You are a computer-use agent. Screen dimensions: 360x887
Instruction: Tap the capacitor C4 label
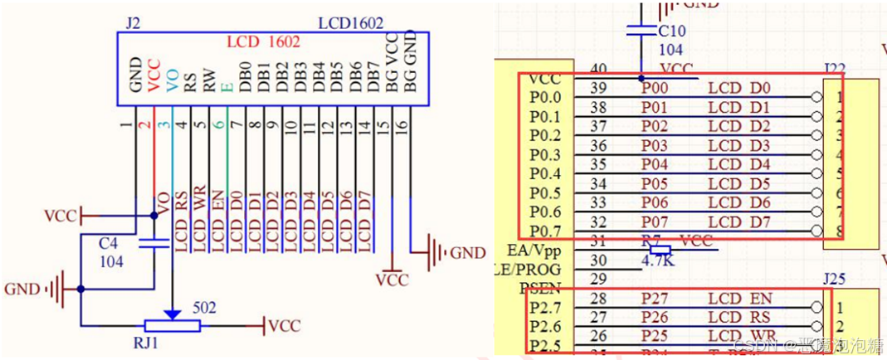[x=109, y=245]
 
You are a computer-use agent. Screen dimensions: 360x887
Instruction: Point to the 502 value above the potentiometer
[x=204, y=308]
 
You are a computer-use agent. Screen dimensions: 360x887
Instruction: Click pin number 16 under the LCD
[x=402, y=127]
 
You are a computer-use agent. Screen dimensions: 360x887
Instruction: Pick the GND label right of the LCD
[x=467, y=253]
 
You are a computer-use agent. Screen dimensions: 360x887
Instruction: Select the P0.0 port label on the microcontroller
[x=543, y=98]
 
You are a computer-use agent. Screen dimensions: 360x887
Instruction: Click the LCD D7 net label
[x=738, y=222]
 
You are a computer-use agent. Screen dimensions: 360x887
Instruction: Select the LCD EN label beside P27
[x=738, y=299]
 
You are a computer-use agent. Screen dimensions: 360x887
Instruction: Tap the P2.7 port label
[x=543, y=308]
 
